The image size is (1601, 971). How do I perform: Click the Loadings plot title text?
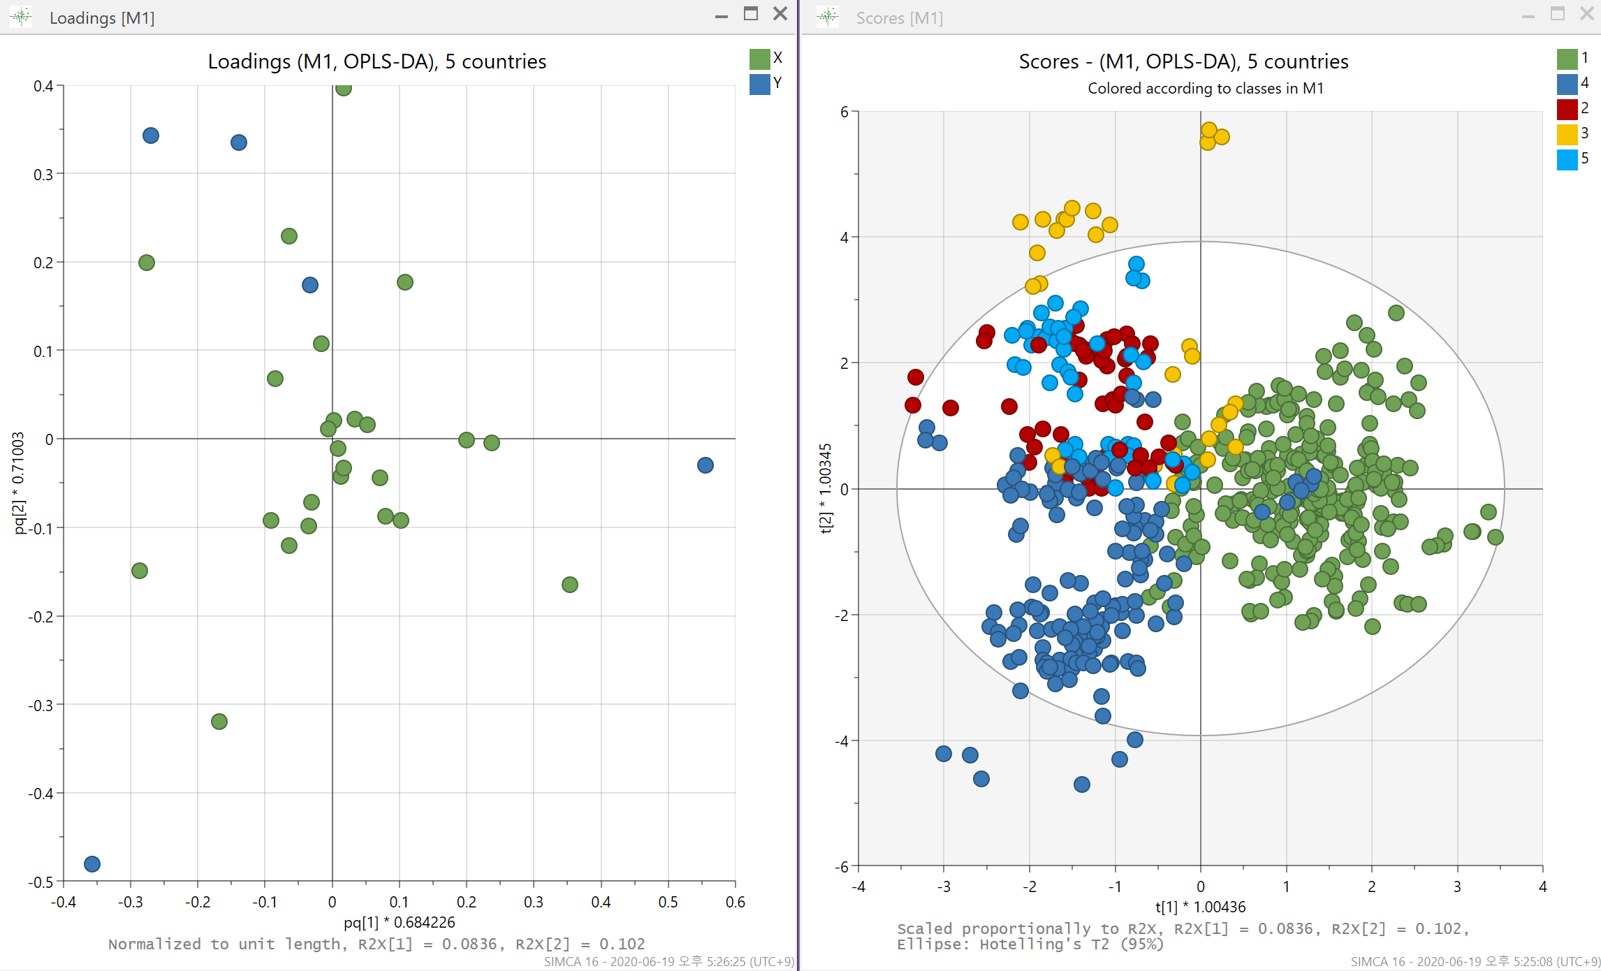tap(377, 61)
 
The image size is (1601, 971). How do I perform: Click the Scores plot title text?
tap(1183, 61)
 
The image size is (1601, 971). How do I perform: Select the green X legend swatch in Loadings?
tap(759, 59)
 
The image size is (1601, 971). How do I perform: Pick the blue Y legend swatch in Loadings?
tap(759, 84)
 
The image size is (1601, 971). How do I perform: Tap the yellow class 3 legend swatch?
tap(1567, 134)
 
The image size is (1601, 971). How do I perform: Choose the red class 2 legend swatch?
tap(1567, 109)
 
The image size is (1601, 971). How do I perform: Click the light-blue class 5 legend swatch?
tap(1567, 159)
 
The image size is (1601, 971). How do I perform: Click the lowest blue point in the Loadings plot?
tap(92, 864)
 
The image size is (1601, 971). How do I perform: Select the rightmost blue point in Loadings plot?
tap(706, 465)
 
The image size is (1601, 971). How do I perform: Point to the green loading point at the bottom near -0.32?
tap(219, 722)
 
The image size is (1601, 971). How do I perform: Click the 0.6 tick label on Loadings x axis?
tap(736, 902)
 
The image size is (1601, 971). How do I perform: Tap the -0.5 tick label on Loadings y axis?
tap(41, 882)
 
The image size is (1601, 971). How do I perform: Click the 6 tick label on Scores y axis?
tap(845, 112)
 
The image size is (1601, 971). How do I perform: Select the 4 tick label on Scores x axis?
tap(1543, 886)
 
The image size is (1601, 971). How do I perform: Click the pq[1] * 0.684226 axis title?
tap(400, 922)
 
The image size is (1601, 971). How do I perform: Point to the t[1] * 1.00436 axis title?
tap(1200, 907)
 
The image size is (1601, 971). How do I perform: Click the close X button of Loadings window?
tap(780, 14)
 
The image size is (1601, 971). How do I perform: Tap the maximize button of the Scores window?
tap(1558, 14)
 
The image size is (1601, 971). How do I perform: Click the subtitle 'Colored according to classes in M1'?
tap(1206, 88)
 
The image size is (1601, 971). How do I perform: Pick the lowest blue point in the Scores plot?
tap(1082, 784)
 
